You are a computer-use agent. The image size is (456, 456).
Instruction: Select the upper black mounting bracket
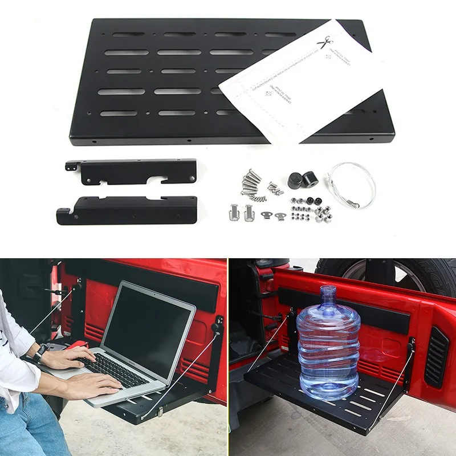click(134, 171)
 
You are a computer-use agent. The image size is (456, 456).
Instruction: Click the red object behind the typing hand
click(78, 345)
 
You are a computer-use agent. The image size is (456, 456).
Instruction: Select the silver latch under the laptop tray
click(160, 411)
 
